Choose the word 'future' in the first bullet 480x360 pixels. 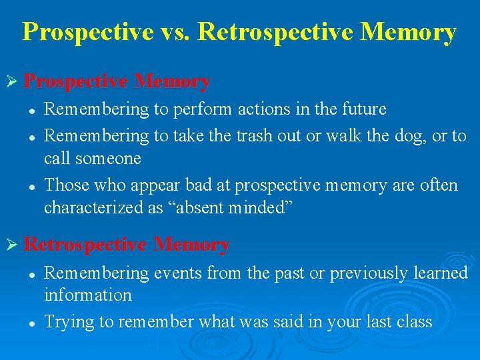(x=364, y=109)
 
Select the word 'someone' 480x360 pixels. (x=107, y=159)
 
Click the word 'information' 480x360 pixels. (x=87, y=295)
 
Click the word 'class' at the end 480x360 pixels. (x=415, y=322)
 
